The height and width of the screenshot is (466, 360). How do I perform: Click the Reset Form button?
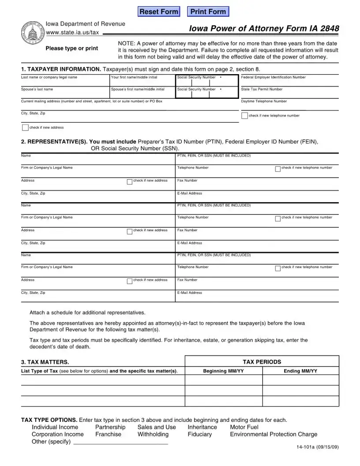tap(159, 12)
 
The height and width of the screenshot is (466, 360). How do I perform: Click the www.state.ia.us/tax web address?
tap(73, 32)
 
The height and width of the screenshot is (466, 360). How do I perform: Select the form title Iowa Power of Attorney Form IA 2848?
tap(264, 29)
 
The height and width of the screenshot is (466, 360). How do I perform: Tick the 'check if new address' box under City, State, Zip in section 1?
tap(25, 128)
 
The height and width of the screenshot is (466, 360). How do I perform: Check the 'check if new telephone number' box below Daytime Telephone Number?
tap(244, 116)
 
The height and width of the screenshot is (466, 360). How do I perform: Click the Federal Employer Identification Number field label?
tap(273, 77)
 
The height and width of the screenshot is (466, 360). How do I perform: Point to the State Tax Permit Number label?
tap(262, 89)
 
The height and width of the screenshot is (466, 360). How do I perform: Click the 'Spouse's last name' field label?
tap(37, 89)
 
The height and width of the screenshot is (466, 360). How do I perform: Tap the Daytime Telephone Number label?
tap(264, 101)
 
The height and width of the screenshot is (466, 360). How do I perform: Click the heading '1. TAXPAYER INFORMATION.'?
tap(61, 69)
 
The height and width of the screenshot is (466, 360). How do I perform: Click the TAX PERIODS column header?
tap(262, 362)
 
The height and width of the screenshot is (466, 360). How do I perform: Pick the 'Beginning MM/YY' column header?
tap(223, 372)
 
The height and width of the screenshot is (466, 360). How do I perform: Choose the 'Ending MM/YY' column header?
tap(300, 372)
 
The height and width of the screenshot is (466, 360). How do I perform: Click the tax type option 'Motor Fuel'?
tap(244, 427)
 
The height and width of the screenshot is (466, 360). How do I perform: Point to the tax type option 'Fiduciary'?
tap(200, 435)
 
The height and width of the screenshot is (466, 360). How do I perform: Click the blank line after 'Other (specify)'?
tap(120, 442)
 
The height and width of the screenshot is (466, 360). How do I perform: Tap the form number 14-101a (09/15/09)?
tap(317, 448)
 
